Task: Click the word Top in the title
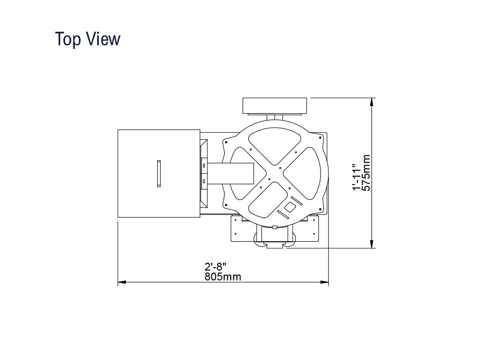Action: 68,39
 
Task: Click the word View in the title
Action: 103,39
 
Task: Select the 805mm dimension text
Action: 223,276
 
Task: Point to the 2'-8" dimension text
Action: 215,267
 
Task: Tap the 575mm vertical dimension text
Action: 366,172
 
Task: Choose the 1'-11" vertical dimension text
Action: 357,177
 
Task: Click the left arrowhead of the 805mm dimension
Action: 122,282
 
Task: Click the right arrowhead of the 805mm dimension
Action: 325,282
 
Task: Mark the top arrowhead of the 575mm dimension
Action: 371,102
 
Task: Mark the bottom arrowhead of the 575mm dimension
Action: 371,244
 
